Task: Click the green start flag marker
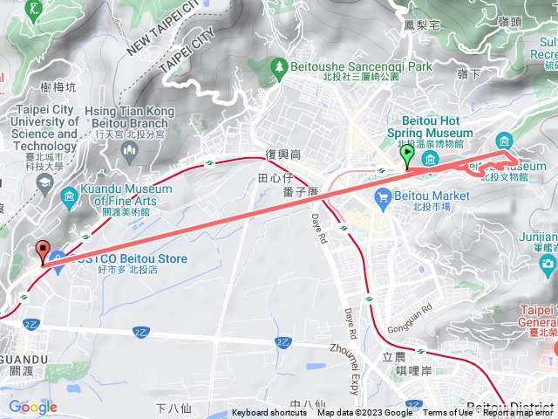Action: [x=407, y=155]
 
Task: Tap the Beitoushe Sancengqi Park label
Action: [x=353, y=65]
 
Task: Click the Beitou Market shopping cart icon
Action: [x=382, y=199]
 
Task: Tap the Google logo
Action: [x=32, y=407]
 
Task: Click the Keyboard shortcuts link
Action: [x=269, y=413]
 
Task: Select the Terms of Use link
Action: [x=448, y=413]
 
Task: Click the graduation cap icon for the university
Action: [x=44, y=181]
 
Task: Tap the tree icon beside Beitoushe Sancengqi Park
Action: [x=278, y=65]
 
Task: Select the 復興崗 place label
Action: [x=284, y=155]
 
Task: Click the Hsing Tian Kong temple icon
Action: [x=130, y=154]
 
